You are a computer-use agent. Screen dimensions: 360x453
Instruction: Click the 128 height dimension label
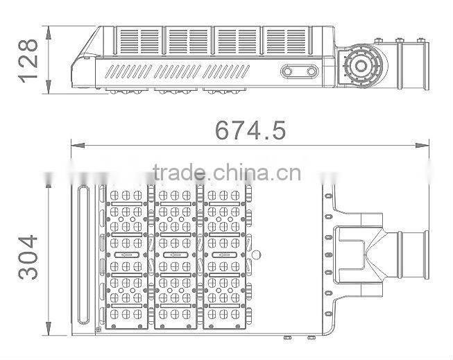point(28,60)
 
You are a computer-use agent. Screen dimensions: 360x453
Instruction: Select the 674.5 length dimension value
point(250,130)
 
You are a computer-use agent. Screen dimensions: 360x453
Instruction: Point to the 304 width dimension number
point(28,256)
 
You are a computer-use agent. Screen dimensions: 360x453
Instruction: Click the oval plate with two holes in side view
point(300,71)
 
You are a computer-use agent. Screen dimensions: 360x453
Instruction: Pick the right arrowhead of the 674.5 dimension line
point(424,146)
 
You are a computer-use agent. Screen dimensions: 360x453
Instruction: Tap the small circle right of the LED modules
point(256,255)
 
